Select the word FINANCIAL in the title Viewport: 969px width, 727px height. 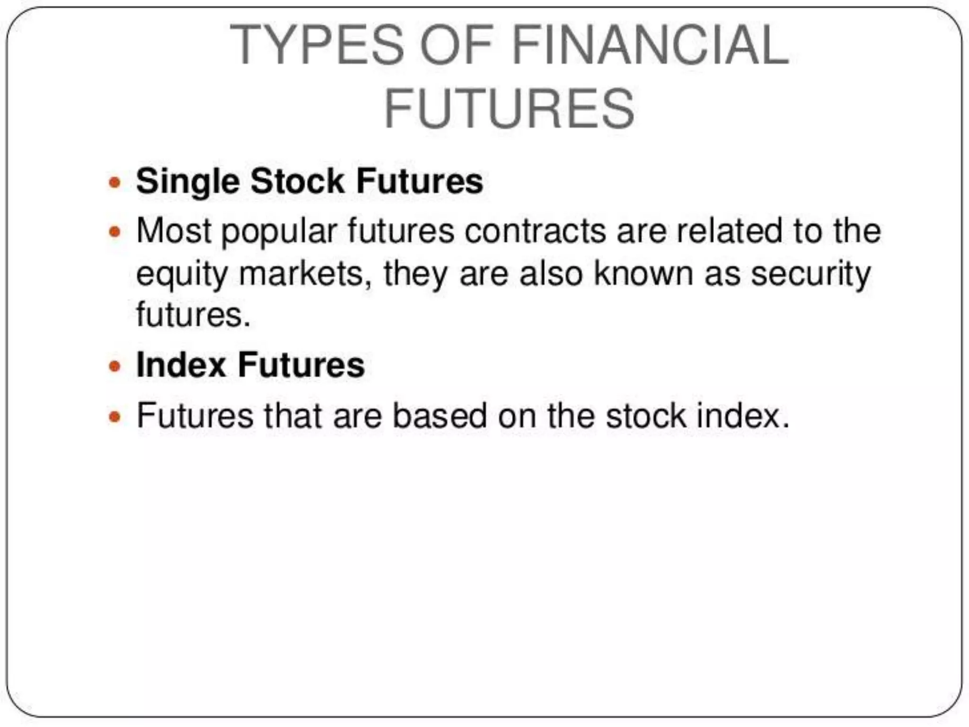coord(650,45)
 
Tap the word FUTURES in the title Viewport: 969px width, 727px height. coord(509,109)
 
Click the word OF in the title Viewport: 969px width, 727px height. coord(457,45)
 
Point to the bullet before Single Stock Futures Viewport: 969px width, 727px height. coord(115,182)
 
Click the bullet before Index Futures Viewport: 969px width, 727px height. coord(115,366)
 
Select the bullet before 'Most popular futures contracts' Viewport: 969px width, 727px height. coord(115,232)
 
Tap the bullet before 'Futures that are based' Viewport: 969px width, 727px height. coord(115,417)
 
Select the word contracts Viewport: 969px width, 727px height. coord(535,231)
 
